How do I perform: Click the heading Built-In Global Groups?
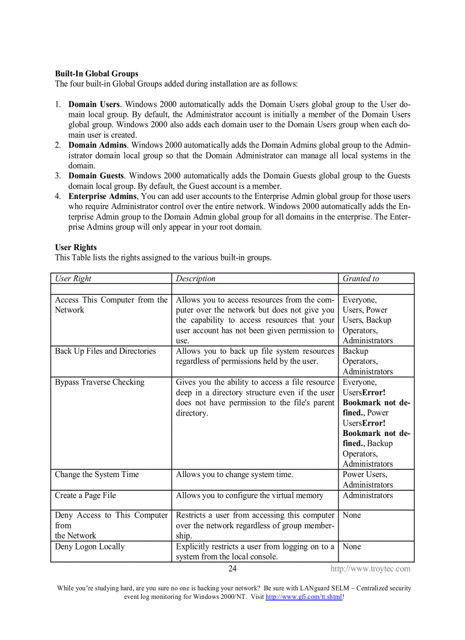coord(96,74)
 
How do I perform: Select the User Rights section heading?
coord(76,247)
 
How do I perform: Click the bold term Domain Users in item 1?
coord(94,104)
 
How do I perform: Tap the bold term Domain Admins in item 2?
coord(97,145)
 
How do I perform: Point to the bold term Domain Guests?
coord(96,176)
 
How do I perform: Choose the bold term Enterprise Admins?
coord(103,197)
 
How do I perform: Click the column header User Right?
coord(73,279)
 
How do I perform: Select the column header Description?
coord(195,279)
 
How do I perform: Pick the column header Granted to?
coord(361,279)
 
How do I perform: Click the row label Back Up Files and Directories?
coord(105,351)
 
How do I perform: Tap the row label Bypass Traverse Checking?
coord(100,382)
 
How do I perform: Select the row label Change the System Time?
coord(97,475)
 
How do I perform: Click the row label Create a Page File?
coord(85,495)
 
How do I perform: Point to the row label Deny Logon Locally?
coord(89,547)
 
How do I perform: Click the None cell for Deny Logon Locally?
coord(352,547)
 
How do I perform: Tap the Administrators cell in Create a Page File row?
coord(368,495)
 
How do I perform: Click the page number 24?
coord(232,569)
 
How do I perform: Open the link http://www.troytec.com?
coord(370,569)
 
